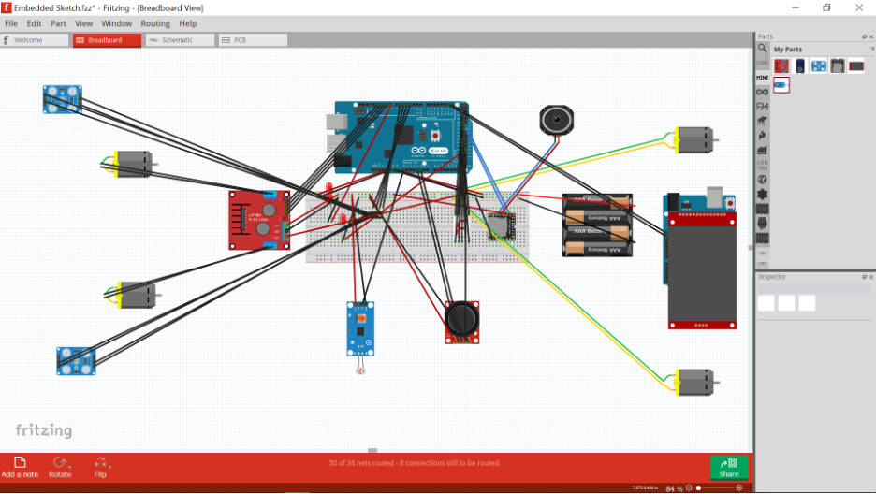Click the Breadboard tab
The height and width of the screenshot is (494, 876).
point(106,40)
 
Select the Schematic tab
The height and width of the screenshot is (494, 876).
point(177,40)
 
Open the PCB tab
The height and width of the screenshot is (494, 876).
point(241,40)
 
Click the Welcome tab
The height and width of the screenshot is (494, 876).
point(28,40)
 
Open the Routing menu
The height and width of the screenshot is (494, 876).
point(155,23)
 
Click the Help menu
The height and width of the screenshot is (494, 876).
point(188,23)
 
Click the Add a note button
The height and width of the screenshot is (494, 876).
point(20,467)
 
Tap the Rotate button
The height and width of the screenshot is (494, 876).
point(60,467)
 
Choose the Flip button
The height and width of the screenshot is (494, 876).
point(100,467)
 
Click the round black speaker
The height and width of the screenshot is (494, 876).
point(555,120)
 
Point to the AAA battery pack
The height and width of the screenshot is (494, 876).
point(596,225)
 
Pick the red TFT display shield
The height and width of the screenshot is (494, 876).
point(702,267)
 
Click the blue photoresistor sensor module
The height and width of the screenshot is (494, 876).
point(359,327)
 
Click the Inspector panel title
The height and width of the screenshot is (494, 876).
point(772,277)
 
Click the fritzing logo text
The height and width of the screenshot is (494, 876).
point(44,430)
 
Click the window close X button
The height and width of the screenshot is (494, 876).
point(859,7)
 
